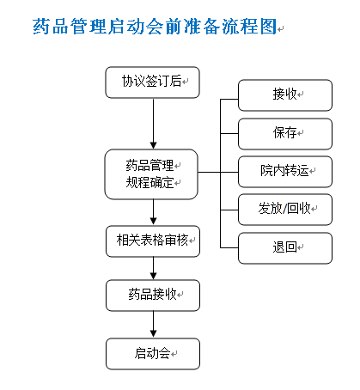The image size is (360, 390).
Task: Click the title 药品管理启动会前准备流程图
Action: click(155, 27)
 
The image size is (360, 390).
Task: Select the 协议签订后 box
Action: click(152, 82)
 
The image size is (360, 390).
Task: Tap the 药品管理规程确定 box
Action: click(151, 174)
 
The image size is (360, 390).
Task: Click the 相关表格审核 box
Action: click(153, 241)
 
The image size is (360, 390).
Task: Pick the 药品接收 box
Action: click(153, 296)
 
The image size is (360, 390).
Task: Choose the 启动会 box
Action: click(153, 354)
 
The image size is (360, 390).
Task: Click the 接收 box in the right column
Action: click(285, 95)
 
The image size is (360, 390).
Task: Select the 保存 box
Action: click(285, 134)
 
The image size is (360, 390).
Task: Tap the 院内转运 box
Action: click(285, 172)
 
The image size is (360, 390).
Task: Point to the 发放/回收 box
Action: click(285, 210)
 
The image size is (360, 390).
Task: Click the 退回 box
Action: click(285, 248)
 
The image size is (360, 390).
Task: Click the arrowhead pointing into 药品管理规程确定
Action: click(153, 145)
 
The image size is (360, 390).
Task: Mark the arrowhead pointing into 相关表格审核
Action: click(153, 221)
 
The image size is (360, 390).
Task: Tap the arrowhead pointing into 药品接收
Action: click(153, 276)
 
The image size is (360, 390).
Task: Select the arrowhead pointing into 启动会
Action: click(153, 333)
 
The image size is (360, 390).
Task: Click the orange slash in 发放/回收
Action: click(284, 209)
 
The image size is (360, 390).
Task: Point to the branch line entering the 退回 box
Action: click(229, 247)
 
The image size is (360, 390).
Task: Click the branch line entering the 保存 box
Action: click(229, 133)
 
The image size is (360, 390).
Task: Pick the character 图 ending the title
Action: click(269, 27)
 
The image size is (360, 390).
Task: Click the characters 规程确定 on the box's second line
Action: click(149, 182)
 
